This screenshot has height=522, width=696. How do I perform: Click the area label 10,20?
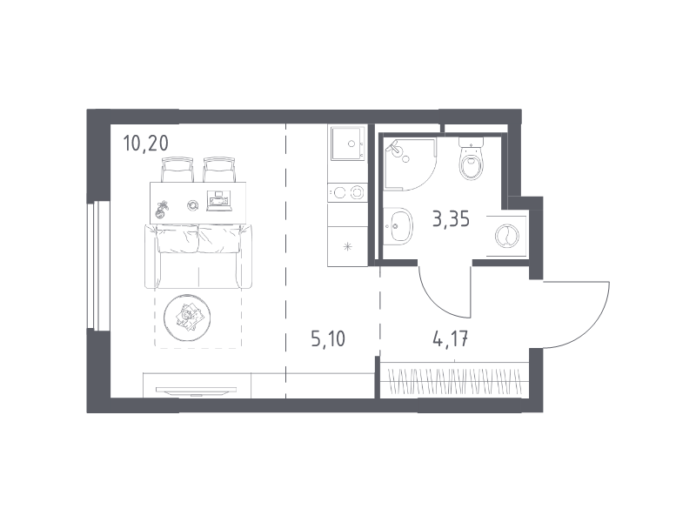tap(146, 144)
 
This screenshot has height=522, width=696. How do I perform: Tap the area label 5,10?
tap(328, 339)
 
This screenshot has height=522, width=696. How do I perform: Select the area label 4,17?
tap(450, 339)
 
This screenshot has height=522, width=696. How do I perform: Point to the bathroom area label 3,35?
tap(451, 219)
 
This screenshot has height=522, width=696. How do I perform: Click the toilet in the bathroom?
tap(471, 158)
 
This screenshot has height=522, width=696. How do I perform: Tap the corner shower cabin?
tap(408, 164)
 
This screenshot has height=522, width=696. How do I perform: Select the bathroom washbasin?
tap(398, 226)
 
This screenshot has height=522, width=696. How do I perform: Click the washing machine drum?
tap(507, 236)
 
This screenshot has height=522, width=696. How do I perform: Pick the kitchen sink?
tap(347, 143)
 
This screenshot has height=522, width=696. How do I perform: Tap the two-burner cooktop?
tap(347, 192)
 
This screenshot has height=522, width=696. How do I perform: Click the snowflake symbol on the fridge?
tap(347, 247)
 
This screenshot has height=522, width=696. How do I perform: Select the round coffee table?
tap(187, 318)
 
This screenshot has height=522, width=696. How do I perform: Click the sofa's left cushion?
tap(177, 239)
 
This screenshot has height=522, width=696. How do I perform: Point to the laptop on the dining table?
tap(219, 201)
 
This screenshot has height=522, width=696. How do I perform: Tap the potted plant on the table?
tap(161, 210)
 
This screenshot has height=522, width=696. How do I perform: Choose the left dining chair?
tap(177, 170)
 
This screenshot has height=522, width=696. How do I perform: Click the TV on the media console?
tap(196, 390)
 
